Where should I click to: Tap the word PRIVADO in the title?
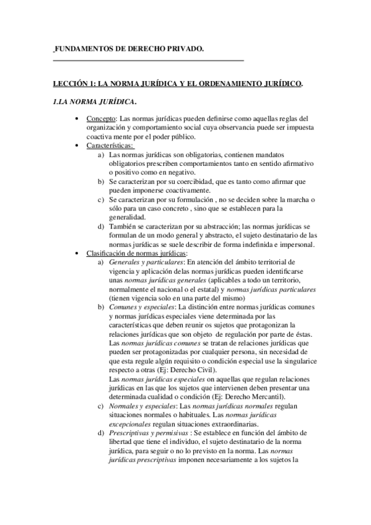coord(183,48)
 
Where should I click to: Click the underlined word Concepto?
coord(100,118)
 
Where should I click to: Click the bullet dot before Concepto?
coord(76,118)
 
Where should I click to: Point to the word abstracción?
coord(220,226)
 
